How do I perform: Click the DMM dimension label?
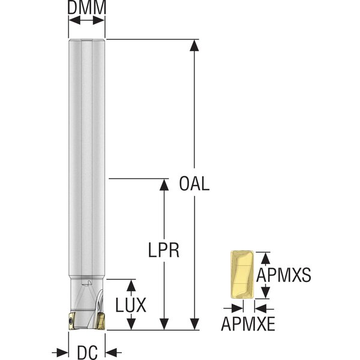(87, 8)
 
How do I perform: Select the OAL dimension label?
(194, 183)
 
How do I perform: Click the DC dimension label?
(87, 352)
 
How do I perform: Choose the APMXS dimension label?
(283, 275)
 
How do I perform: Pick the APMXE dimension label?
(248, 325)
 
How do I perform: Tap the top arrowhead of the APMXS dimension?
(264, 256)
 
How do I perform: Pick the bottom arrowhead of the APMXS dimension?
(264, 296)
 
